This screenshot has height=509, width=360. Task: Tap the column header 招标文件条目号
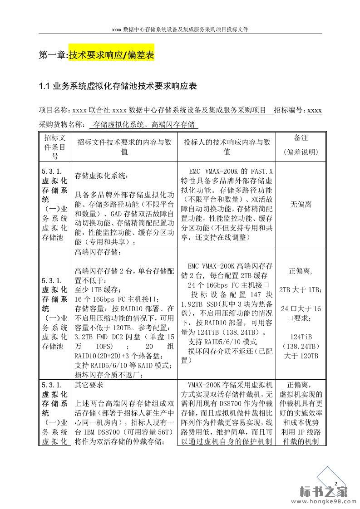click(x=55, y=146)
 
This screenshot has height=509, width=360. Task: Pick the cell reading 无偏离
click(x=301, y=205)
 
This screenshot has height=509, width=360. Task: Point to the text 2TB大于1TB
click(x=301, y=290)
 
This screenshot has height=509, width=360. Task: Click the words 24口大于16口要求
click(x=301, y=314)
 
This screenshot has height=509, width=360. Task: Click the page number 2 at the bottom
click(x=335, y=483)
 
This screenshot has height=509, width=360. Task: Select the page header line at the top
click(x=180, y=29)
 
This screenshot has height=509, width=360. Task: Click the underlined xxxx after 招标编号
click(x=315, y=110)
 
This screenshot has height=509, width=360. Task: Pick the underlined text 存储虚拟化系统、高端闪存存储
click(x=144, y=124)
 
